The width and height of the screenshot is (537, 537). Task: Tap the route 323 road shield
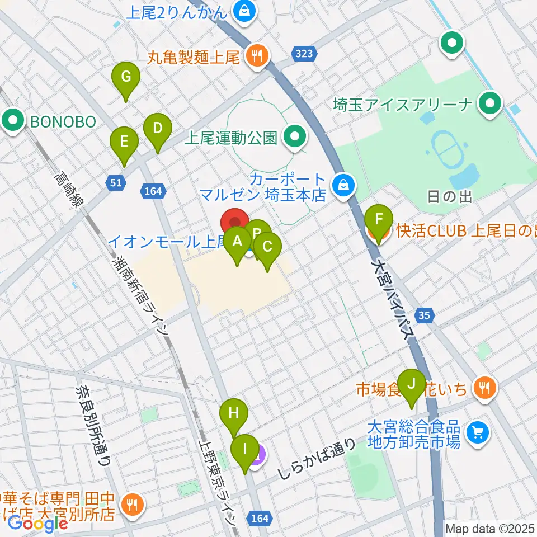pyautogui.click(x=302, y=53)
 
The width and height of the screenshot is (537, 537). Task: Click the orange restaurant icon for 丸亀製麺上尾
pyautogui.click(x=257, y=55)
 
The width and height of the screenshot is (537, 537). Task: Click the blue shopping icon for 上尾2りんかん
pyautogui.click(x=244, y=10)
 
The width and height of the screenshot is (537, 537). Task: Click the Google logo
pyautogui.click(x=38, y=524)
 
